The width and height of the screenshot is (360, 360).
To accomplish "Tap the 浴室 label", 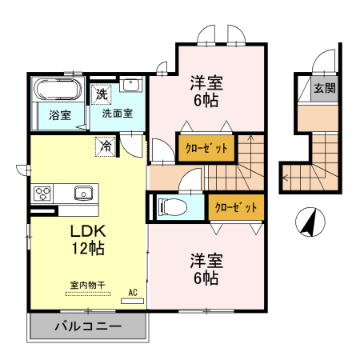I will pyautogui.click(x=60, y=114).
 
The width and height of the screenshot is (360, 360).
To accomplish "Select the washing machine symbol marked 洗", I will pyautogui.click(x=102, y=94).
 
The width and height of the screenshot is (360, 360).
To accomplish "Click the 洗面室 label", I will pyautogui.click(x=118, y=114).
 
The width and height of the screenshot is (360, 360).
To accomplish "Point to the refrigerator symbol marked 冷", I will pyautogui.click(x=106, y=146).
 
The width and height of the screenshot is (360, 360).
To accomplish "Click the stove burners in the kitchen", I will pyautogui.click(x=43, y=193).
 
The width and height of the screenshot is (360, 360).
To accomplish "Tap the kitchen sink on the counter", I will pyautogui.click(x=83, y=193).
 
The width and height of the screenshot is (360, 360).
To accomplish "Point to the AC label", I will pyautogui.click(x=134, y=292).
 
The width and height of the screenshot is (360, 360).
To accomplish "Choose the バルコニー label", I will pyautogui.click(x=88, y=326).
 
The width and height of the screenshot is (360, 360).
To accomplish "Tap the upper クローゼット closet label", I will pyautogui.click(x=207, y=148).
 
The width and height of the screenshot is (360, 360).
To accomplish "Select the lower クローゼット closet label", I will pyautogui.click(x=237, y=207).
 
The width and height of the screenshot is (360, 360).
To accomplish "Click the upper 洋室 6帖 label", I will pyautogui.click(x=206, y=90).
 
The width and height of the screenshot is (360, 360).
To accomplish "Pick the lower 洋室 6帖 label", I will pyautogui.click(x=206, y=269).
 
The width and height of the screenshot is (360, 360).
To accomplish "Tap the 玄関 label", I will pyautogui.click(x=325, y=88).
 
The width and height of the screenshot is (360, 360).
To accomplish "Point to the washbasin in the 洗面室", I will pyautogui.click(x=132, y=86).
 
